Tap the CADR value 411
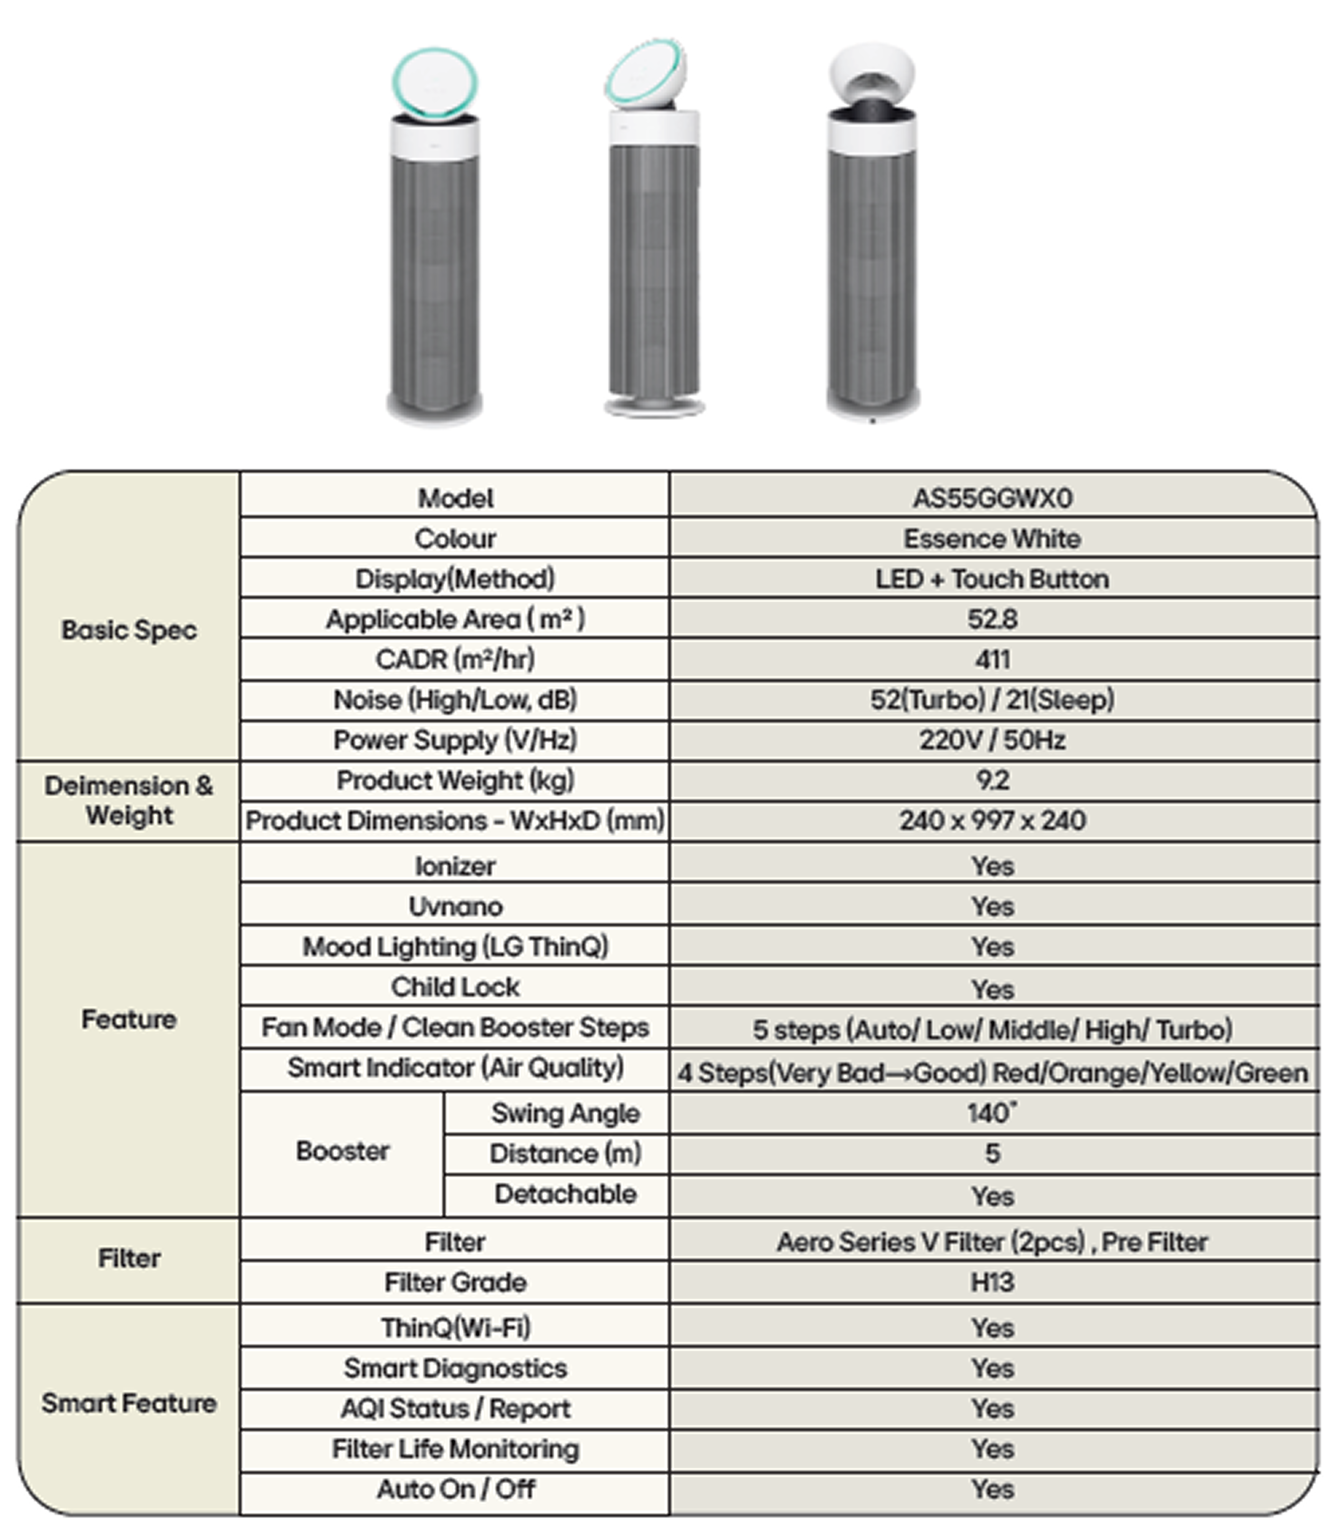click(992, 659)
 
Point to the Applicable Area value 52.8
click(992, 619)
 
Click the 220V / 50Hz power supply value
click(992, 740)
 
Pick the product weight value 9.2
click(992, 781)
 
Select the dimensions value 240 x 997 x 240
click(992, 821)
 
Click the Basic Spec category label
click(129, 630)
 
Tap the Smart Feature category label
click(129, 1403)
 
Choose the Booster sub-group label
click(342, 1151)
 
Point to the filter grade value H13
click(992, 1283)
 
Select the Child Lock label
click(455, 987)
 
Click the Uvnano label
click(455, 907)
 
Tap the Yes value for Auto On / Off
click(992, 1490)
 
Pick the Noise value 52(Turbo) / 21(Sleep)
click(992, 700)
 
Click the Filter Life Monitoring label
click(455, 1449)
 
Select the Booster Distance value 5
click(992, 1154)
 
